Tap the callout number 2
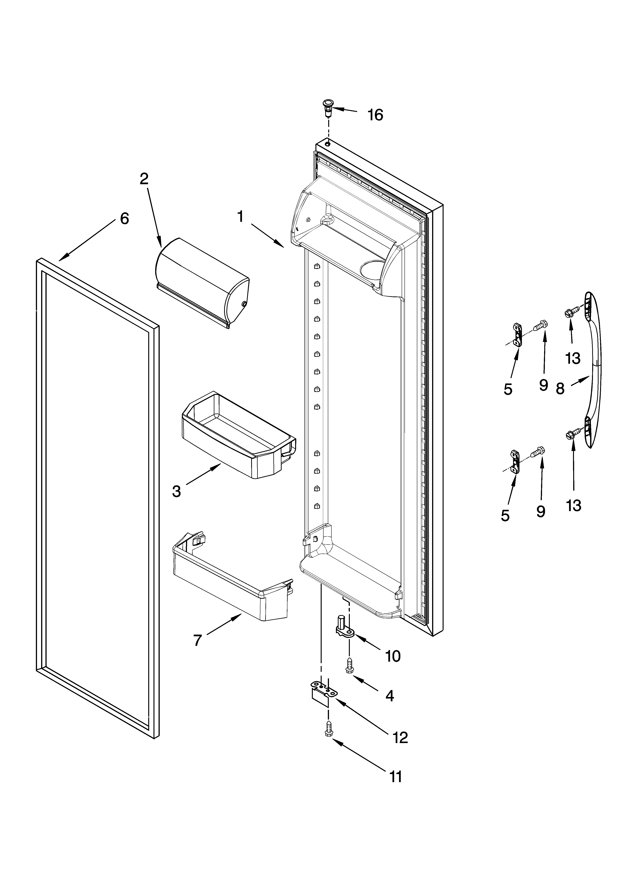coord(144,179)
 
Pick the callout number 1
coord(240,217)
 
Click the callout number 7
coord(197,640)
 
